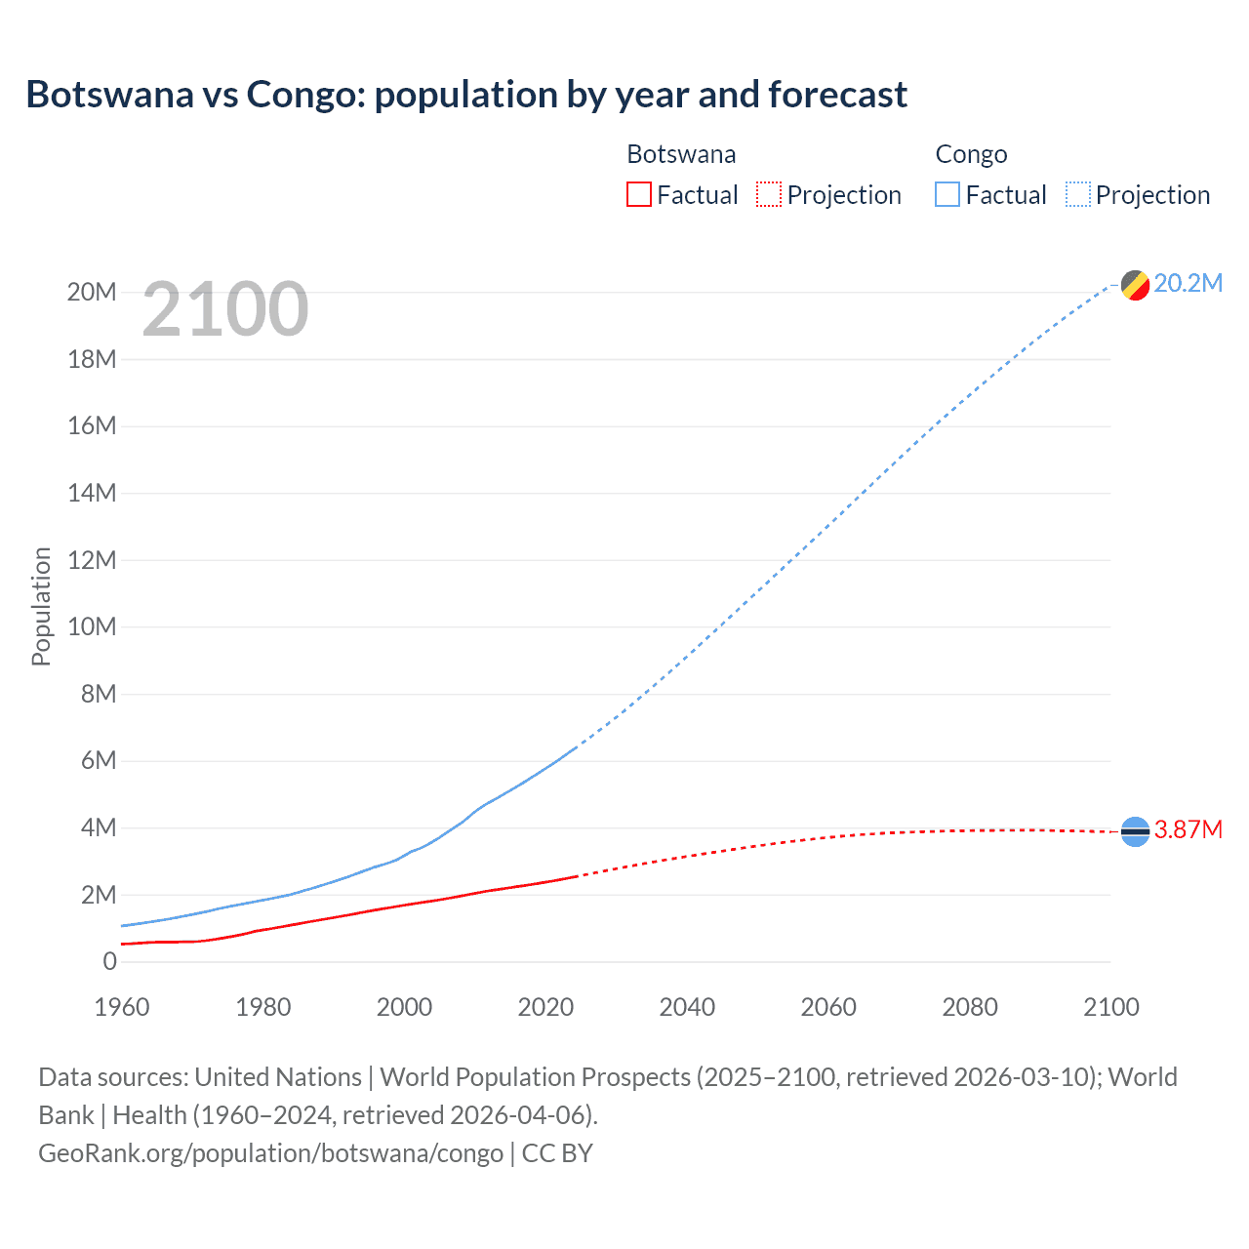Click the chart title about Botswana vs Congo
[x=466, y=95]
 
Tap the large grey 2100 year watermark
[x=225, y=309]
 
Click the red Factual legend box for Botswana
[x=638, y=195]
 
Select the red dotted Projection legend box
[x=769, y=195]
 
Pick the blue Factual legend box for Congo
[x=947, y=195]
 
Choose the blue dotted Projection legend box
[x=1078, y=195]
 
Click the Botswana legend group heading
[x=681, y=154]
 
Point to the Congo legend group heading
[x=971, y=154]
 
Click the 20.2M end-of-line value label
[x=1188, y=283]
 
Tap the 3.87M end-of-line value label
[x=1188, y=829]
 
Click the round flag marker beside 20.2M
[x=1135, y=285]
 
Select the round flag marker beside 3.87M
[x=1135, y=831]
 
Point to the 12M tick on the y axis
[x=92, y=560]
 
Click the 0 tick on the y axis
[x=109, y=961]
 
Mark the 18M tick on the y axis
[x=92, y=359]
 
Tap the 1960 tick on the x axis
[x=122, y=1007]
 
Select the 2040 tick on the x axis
[x=687, y=1007]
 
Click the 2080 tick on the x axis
[x=970, y=1007]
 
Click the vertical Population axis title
[x=41, y=606]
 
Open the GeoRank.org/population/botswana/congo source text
[x=270, y=1152]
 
